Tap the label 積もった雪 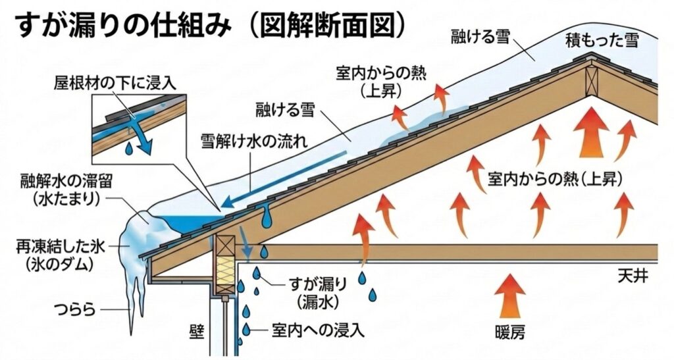pyautogui.click(x=603, y=41)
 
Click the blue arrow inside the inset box pyautogui.click(x=139, y=134)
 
